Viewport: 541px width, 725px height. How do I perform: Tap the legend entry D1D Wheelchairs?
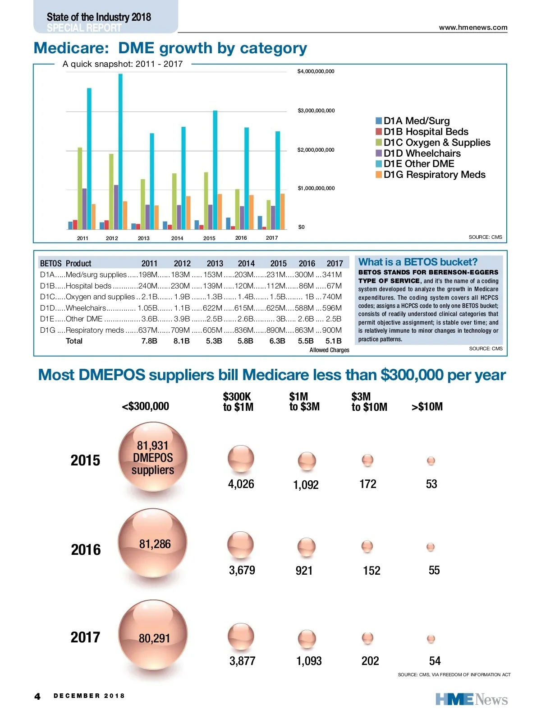point(422,153)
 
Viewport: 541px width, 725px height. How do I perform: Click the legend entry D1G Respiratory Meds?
point(434,175)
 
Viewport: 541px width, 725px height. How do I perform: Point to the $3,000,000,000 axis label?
point(316,111)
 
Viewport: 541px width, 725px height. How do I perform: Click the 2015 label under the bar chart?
point(209,238)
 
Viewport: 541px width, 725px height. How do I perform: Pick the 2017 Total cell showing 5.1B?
point(334,341)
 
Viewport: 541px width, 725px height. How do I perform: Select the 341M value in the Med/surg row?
point(332,275)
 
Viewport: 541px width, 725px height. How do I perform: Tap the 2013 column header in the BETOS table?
point(215,264)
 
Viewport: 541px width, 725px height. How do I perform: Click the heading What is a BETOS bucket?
point(417,262)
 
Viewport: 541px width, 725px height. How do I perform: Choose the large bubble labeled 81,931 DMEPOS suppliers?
point(153,457)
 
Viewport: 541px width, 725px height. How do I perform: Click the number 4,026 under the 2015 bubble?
point(241,484)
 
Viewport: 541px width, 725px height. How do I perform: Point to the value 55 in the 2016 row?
point(434,571)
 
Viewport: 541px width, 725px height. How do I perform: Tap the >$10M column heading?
point(427,407)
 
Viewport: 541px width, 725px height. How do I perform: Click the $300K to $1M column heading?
point(238,402)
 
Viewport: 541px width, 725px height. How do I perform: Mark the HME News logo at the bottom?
point(471,700)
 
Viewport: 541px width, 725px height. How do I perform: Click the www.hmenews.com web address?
point(473,28)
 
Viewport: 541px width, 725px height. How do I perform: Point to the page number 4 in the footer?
point(37,697)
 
